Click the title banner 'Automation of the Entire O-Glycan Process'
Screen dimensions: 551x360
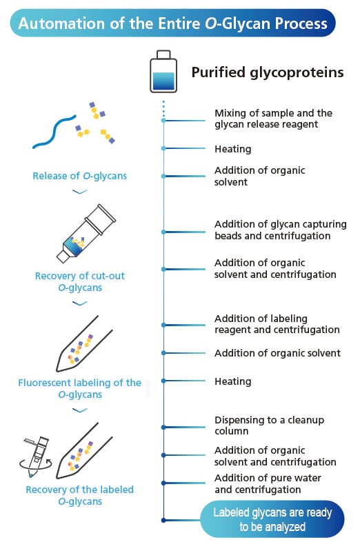point(172,23)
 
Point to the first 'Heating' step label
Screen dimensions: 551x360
point(232,149)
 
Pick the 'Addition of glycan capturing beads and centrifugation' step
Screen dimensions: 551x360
point(280,230)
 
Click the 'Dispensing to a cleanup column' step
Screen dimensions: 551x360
point(269,425)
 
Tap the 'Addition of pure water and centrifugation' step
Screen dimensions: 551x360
point(268,483)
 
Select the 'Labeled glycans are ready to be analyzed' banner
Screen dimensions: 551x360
point(272,519)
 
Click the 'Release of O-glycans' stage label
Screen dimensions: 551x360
point(79,176)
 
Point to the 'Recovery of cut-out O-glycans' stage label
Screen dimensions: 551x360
point(79,281)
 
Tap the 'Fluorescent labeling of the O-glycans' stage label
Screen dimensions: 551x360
point(79,388)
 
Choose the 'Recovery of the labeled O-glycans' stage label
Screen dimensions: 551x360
point(79,495)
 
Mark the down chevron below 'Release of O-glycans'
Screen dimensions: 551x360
point(79,192)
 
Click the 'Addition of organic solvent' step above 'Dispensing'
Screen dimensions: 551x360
point(277,353)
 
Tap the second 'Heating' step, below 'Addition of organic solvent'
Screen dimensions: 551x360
point(232,381)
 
